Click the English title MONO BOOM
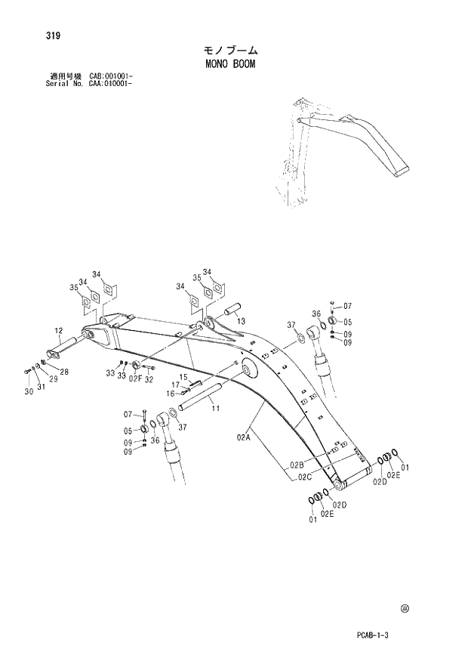229,64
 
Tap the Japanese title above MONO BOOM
229,51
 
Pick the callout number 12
58,331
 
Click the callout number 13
241,321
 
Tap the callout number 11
215,409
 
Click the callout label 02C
304,476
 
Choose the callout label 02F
134,378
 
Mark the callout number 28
64,371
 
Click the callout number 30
28,391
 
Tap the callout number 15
183,376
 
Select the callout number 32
149,378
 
